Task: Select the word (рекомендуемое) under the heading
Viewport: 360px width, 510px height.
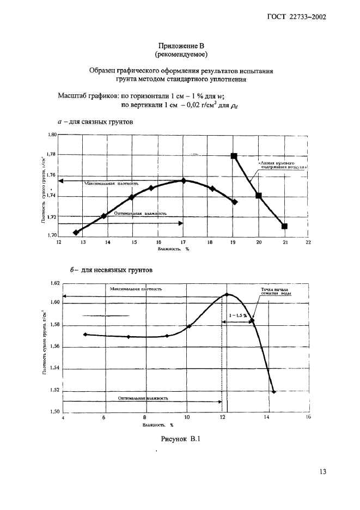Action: click(x=180, y=55)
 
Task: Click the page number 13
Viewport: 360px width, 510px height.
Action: click(x=322, y=472)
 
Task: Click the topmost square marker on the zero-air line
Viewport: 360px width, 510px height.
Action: click(x=234, y=156)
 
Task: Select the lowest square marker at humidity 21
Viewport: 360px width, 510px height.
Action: click(x=284, y=226)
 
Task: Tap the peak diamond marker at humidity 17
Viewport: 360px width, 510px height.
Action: click(x=183, y=180)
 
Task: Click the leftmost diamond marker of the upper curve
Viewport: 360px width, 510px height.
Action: click(x=76, y=232)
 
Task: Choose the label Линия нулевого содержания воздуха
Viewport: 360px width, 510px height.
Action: click(x=280, y=165)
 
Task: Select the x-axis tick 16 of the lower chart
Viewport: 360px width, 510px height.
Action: click(x=308, y=418)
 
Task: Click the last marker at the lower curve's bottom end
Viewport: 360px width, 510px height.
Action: click(x=273, y=392)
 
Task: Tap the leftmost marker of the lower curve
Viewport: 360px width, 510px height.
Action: click(x=86, y=335)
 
